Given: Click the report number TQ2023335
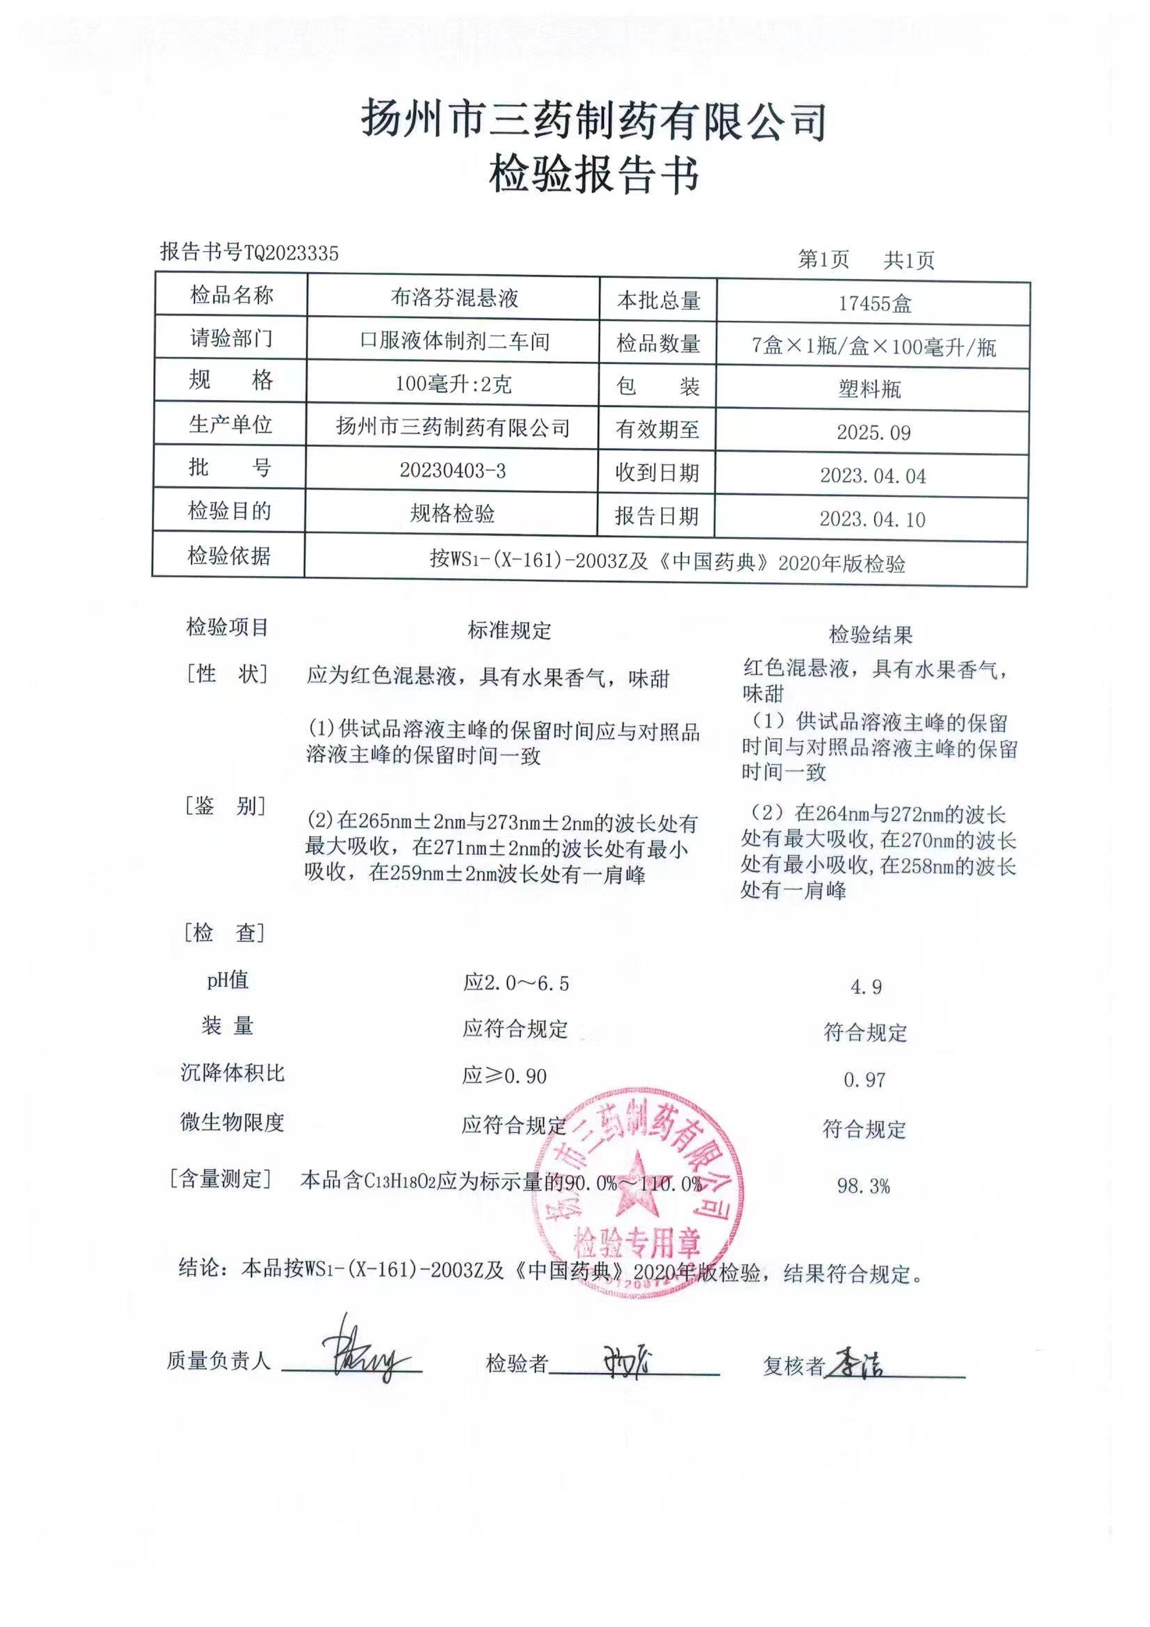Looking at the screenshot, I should (292, 253).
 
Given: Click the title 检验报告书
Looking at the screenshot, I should (593, 175).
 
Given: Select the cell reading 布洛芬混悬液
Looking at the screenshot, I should (454, 298).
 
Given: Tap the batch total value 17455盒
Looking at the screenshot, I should (875, 304).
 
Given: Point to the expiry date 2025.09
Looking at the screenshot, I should (874, 432).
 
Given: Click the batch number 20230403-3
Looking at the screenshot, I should (453, 470).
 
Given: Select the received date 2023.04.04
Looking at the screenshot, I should (873, 475).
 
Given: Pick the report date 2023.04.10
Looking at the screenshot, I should (872, 519).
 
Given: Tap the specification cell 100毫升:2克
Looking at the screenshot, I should (454, 384).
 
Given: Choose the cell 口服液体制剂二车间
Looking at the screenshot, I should (454, 341).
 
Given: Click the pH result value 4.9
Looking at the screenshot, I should (866, 986).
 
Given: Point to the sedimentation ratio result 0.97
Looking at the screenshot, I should (865, 1080).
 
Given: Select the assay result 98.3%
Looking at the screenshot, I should (863, 1186).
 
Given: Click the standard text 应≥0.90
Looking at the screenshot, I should (504, 1076).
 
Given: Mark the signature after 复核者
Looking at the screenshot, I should (857, 1360).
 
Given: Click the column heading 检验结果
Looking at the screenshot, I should (871, 635).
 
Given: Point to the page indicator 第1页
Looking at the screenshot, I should (823, 260).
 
